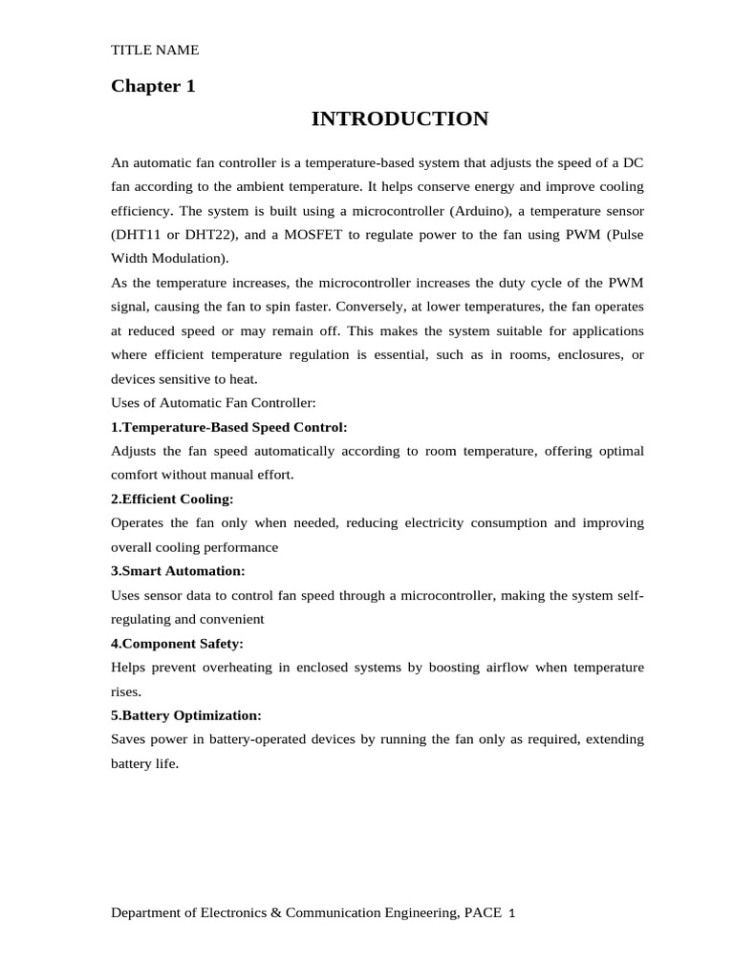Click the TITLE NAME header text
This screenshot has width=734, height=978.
pos(155,51)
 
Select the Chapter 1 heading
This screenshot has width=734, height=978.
pos(153,87)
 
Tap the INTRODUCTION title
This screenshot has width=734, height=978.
pos(399,119)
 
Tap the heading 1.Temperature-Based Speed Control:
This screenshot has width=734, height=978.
pos(229,427)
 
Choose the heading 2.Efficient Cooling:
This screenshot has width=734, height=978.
pos(172,499)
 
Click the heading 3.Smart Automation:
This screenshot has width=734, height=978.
pos(178,571)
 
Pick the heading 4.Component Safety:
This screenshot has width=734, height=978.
pos(177,643)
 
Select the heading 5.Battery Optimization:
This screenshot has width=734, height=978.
pos(185,714)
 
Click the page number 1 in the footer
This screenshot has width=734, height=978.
pos(512,913)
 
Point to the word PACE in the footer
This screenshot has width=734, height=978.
pos(483,913)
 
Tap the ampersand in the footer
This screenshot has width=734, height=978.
pos(277,913)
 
